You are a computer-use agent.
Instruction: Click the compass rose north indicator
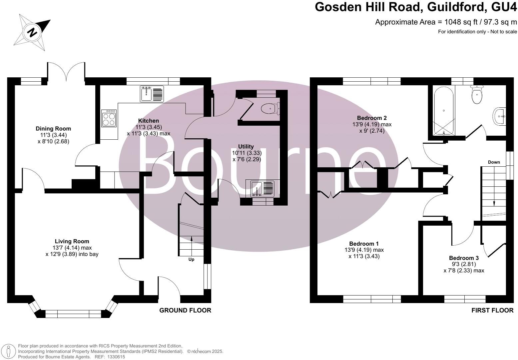pyautogui.click(x=32, y=32)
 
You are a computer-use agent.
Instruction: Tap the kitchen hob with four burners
pyautogui.click(x=109, y=118)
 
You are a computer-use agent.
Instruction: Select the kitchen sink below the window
pyautogui.click(x=152, y=94)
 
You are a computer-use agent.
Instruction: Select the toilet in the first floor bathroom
pyautogui.click(x=477, y=95)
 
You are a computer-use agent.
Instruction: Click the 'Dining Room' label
pyautogui.click(x=53, y=129)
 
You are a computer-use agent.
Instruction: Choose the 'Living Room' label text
pyautogui.click(x=72, y=241)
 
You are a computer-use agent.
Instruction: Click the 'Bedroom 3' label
pyautogui.click(x=464, y=258)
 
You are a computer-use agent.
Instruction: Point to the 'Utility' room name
pyautogui.click(x=246, y=147)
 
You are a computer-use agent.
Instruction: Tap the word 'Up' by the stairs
pyautogui.click(x=191, y=259)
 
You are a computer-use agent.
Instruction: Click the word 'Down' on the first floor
pyautogui.click(x=494, y=162)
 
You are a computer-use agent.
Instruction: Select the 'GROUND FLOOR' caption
pyautogui.click(x=185, y=310)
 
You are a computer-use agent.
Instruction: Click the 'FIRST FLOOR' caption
pyautogui.click(x=492, y=310)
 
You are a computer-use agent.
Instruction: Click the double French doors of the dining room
pyautogui.click(x=66, y=71)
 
